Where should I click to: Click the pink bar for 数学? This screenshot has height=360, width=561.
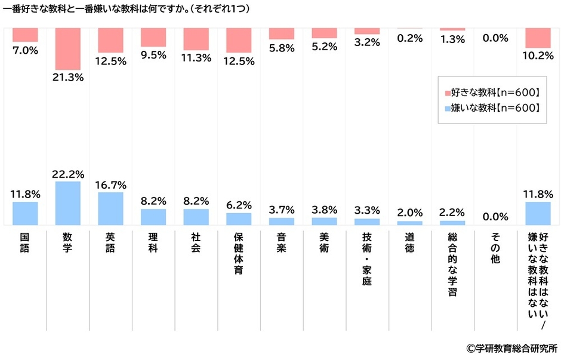(x=68, y=49)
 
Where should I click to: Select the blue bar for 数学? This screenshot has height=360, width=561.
(x=68, y=203)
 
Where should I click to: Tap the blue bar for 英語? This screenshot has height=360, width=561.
(x=110, y=208)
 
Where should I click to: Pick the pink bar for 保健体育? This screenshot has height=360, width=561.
(x=239, y=40)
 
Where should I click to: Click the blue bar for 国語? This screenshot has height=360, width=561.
(x=25, y=213)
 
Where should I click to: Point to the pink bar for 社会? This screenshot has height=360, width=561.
(x=196, y=39)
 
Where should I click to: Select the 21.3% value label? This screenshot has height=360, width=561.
(x=68, y=77)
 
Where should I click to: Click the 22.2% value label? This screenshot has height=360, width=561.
(x=68, y=174)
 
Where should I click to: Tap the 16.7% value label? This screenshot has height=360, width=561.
(x=110, y=184)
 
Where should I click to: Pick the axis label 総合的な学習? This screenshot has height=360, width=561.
(x=452, y=263)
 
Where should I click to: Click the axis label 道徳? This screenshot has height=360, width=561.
(x=409, y=242)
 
